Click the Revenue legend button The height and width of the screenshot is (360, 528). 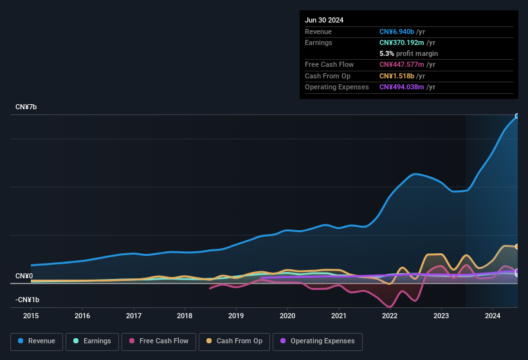[x=37, y=341]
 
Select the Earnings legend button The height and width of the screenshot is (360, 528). [x=92, y=341]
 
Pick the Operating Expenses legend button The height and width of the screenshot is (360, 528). [x=318, y=341]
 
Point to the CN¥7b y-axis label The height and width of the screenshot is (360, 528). [x=26, y=107]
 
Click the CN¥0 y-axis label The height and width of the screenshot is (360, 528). [x=24, y=276]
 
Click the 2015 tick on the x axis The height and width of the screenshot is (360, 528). [x=31, y=316]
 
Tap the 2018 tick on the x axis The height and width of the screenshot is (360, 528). [x=185, y=316]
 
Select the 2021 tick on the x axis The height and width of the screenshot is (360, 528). [x=338, y=316]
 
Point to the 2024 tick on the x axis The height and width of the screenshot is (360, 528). [x=493, y=316]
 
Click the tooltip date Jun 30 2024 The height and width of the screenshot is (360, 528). [x=324, y=20]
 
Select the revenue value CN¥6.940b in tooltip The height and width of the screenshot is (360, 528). [x=397, y=32]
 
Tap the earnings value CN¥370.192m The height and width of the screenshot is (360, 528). [x=402, y=42]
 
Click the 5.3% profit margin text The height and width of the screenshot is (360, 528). [x=408, y=53]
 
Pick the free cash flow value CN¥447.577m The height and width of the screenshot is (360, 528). [x=402, y=64]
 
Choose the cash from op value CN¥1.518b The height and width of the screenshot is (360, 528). [x=397, y=76]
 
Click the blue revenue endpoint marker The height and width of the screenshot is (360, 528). [x=516, y=116]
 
